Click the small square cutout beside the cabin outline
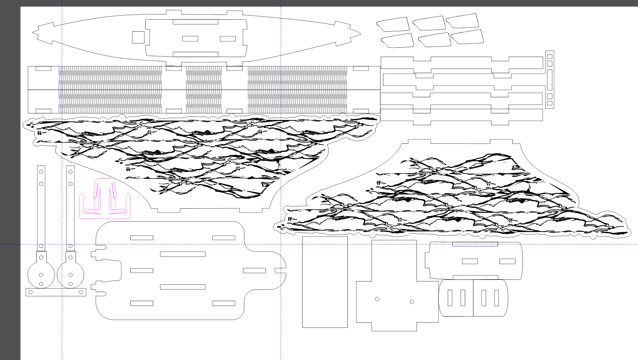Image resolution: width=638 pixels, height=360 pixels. pyautogui.click(x=138, y=37)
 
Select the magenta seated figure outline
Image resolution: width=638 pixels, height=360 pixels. pyautogui.click(x=105, y=198)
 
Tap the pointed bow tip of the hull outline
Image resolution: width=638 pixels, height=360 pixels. pyautogui.click(x=360, y=33)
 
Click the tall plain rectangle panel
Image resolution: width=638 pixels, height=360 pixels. pyautogui.click(x=325, y=282)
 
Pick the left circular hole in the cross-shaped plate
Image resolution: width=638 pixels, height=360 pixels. pyautogui.click(x=377, y=299)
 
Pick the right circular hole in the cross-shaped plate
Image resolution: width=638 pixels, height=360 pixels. pyautogui.click(x=412, y=302)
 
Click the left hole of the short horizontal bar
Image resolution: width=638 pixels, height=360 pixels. pyautogui.click(x=31, y=292)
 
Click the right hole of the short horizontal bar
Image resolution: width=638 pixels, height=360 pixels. pyautogui.click(x=81, y=292)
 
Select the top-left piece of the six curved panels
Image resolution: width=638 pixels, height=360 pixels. pyautogui.click(x=393, y=24)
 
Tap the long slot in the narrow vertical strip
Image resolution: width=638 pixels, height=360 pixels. pyautogui.click(x=550, y=80)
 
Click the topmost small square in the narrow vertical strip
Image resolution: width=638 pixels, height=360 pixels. pyautogui.click(x=550, y=57)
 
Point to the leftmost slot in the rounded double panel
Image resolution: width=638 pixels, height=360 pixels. pyautogui.click(x=450, y=298)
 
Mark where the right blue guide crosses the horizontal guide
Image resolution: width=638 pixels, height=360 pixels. pyautogui.click(x=281, y=244)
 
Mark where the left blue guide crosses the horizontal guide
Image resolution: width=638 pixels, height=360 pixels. pyautogui.click(x=62, y=244)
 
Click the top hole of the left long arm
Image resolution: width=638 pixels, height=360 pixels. pyautogui.click(x=41, y=172)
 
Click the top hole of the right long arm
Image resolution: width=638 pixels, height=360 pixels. pyautogui.click(x=70, y=172)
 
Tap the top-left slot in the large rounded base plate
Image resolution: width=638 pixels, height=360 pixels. pyautogui.click(x=142, y=238)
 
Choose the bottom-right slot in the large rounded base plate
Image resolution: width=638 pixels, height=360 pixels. pyautogui.click(x=224, y=303)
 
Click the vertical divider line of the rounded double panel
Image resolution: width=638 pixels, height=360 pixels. pyautogui.click(x=473, y=298)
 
